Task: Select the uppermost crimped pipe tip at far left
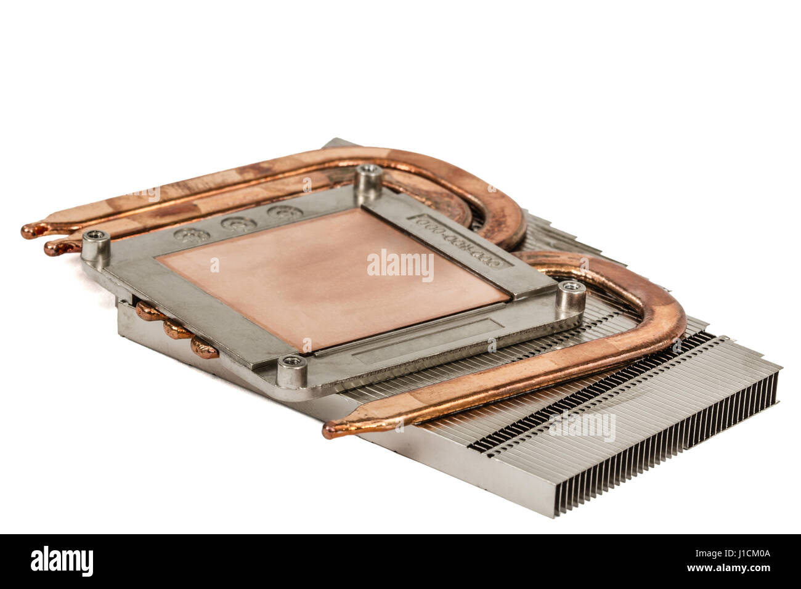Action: (x=31, y=231)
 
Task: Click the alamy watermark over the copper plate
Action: (x=400, y=265)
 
